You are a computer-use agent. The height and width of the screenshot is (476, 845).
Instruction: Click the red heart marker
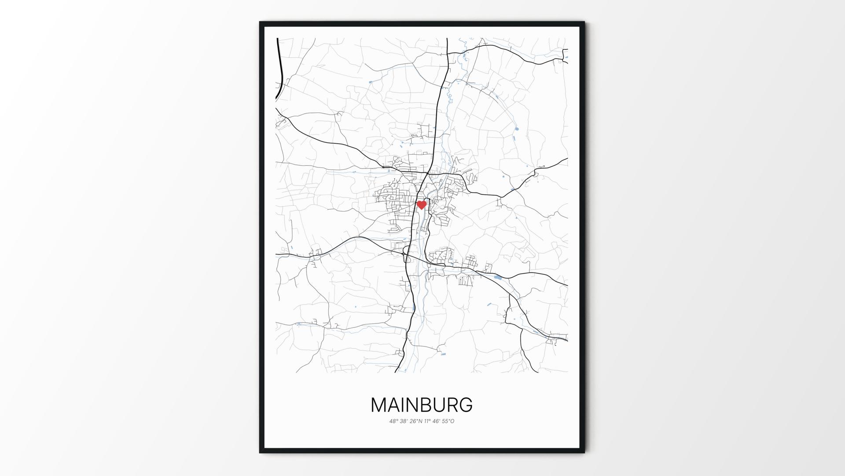(422, 205)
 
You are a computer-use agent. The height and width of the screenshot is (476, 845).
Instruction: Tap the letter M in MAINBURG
(379, 405)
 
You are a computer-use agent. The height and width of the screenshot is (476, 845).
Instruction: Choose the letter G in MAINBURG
(466, 405)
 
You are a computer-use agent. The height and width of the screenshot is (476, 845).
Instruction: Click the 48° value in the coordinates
(393, 421)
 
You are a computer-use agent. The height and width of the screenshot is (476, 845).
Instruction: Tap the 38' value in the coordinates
(404, 421)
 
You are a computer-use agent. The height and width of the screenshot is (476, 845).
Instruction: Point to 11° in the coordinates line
(427, 421)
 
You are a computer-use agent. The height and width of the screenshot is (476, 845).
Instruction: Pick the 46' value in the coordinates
(436, 421)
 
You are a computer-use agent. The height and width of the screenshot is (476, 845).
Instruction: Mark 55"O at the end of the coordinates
(448, 421)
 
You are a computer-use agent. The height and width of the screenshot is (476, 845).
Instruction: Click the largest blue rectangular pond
(498, 277)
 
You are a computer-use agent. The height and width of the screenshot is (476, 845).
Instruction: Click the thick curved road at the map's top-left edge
(279, 71)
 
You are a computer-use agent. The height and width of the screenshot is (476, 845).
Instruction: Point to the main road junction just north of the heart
(427, 173)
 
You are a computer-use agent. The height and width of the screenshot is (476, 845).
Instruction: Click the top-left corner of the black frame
(260, 22)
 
